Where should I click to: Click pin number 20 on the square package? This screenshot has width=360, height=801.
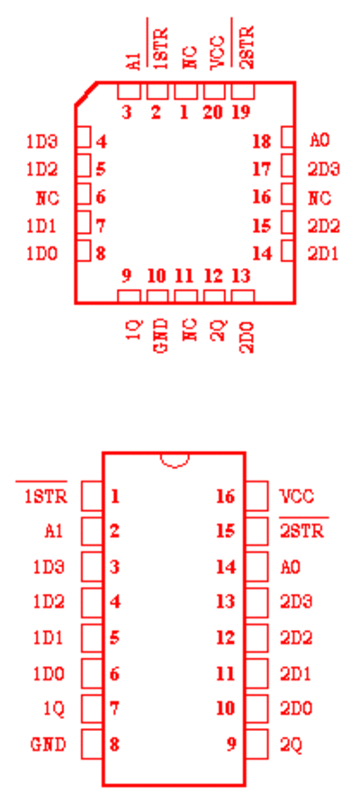(213, 112)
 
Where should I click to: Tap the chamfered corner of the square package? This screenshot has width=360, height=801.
(85, 94)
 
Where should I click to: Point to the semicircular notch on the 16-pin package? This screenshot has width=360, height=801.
(175, 461)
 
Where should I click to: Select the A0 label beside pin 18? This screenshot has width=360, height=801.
(319, 140)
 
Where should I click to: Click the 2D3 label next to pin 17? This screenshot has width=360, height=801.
(324, 168)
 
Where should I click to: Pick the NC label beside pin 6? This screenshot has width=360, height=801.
(48, 198)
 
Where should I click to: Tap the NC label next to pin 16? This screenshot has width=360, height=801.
(319, 198)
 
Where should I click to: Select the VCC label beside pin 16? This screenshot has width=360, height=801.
(297, 496)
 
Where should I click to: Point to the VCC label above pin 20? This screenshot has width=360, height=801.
(217, 52)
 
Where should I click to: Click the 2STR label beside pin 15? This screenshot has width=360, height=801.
(302, 531)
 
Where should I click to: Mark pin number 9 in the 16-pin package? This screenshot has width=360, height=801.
(231, 744)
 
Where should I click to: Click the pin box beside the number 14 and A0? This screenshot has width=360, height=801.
(256, 567)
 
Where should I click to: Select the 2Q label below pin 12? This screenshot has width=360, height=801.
(217, 329)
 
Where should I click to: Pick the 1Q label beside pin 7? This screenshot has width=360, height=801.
(55, 709)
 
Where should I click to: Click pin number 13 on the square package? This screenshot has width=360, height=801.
(240, 276)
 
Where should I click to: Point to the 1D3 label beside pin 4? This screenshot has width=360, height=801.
(42, 141)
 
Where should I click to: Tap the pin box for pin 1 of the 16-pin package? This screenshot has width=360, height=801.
(92, 496)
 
